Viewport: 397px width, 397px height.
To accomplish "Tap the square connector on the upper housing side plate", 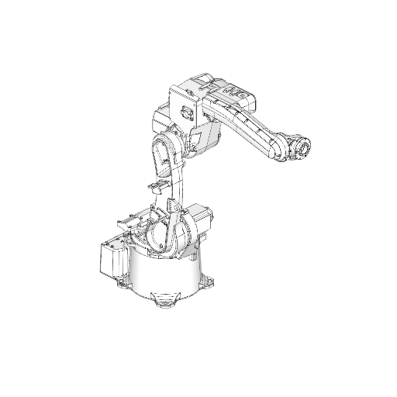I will (186, 112).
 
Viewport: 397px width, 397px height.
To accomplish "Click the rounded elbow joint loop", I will (164, 152).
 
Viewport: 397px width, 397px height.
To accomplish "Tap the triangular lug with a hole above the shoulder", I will (172, 205).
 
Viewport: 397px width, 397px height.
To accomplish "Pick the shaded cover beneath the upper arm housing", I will (205, 140).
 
